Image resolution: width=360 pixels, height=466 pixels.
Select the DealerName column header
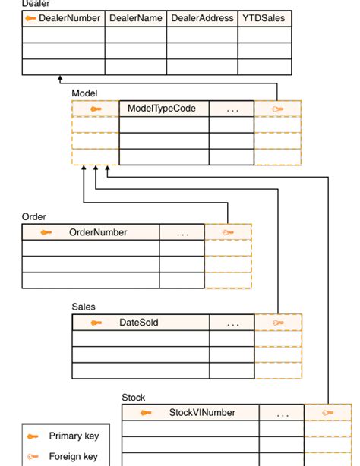[136, 18]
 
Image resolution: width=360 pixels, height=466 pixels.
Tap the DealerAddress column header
[202, 18]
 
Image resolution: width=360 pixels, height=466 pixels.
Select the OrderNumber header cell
[98, 232]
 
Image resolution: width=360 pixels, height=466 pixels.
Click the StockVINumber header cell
[201, 413]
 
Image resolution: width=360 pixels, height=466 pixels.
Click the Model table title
[84, 93]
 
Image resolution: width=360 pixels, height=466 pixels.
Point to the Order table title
[34, 217]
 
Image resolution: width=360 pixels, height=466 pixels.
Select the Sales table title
[84, 307]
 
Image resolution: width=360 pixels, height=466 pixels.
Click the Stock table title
[134, 398]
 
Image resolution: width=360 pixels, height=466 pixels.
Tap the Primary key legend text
[74, 436]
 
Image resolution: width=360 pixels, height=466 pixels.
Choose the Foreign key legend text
[74, 457]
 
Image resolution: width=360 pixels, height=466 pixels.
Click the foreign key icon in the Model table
[278, 109]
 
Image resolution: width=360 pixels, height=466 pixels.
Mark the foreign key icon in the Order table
[228, 232]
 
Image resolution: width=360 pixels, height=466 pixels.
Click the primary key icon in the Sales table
[96, 323]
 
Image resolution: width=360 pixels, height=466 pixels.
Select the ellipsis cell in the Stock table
[283, 414]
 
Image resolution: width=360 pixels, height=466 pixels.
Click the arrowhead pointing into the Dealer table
[59, 78]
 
